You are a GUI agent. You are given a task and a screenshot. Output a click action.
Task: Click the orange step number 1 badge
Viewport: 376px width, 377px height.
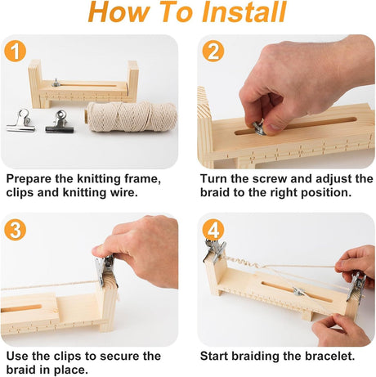pos(16,51)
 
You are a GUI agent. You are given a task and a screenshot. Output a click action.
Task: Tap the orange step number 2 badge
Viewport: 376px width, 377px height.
pos(213,51)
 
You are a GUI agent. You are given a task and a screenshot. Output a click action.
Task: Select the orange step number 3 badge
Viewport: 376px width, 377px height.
pos(16,230)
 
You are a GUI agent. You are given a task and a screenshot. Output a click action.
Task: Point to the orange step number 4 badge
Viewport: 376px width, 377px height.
pos(213,230)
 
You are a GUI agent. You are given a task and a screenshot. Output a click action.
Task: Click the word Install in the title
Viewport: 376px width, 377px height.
pos(244,12)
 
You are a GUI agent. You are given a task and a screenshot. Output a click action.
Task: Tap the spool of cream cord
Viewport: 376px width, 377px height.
pos(132,117)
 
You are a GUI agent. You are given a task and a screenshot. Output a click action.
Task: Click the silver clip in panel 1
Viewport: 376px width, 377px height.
pos(21,120)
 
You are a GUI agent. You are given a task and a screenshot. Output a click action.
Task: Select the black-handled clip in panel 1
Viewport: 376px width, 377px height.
pos(60,122)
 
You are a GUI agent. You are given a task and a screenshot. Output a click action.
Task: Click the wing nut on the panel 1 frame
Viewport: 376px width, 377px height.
pos(56,83)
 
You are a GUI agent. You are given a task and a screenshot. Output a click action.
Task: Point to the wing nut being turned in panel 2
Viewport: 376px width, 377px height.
pos(259,129)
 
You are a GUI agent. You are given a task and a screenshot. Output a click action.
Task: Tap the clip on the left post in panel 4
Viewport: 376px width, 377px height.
pos(215,250)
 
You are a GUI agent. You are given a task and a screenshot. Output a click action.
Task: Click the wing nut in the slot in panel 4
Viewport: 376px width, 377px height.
pos(298,292)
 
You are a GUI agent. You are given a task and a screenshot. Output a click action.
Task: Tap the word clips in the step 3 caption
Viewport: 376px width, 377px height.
pos(68,357)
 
